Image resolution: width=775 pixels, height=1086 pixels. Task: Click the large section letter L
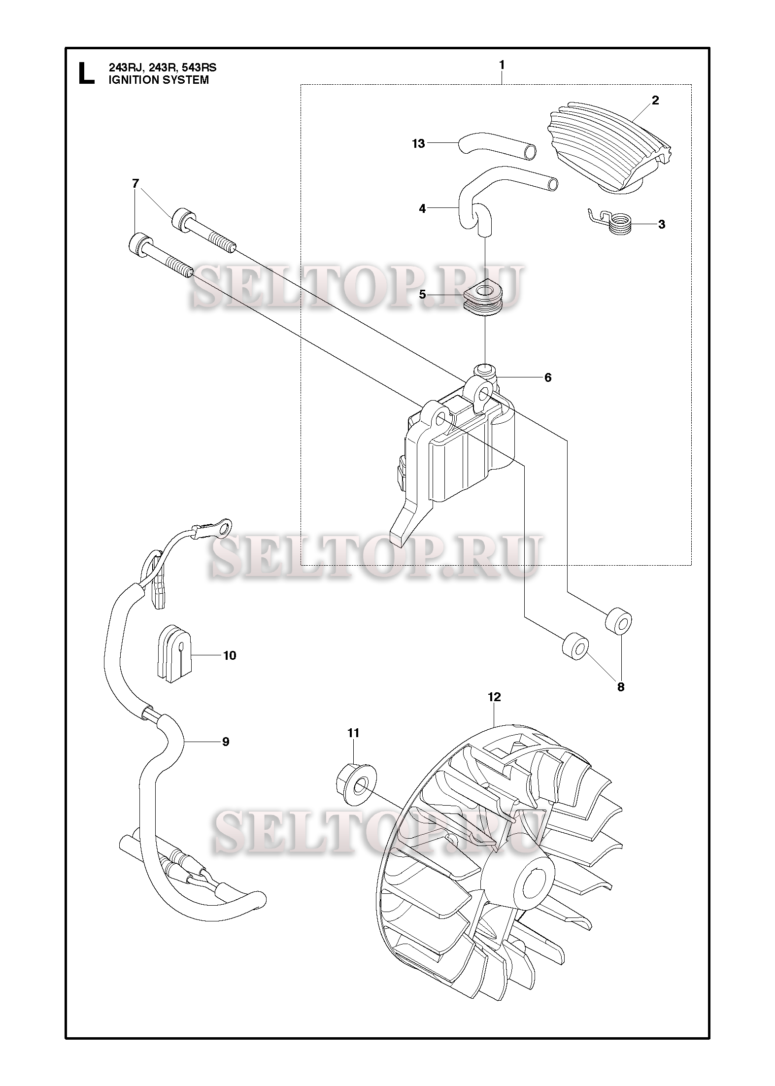[x=86, y=73]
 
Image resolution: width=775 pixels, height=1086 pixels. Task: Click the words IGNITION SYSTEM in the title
[x=158, y=80]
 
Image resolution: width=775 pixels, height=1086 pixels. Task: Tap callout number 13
[x=418, y=144]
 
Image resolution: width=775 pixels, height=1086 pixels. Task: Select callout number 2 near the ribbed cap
[x=655, y=101]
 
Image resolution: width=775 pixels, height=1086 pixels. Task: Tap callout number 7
[x=135, y=184]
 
